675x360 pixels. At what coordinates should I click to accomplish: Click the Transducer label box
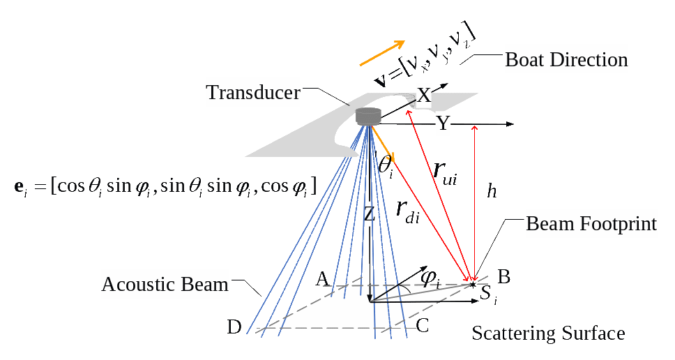pos(252,93)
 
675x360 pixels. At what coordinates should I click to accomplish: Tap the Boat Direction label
pos(566,60)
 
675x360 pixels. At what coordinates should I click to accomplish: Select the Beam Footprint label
pos(591,224)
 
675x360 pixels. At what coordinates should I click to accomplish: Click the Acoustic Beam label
pos(165,284)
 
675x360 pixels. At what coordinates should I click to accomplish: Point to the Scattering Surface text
pos(548,333)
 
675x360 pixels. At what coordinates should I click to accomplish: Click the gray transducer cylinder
pos(368,117)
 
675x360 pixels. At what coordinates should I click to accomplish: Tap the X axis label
pos(424,95)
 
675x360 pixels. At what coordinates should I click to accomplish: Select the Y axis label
pos(443,125)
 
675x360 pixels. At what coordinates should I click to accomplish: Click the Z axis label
pos(370,215)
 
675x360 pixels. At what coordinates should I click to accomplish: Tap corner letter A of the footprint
pos(322,279)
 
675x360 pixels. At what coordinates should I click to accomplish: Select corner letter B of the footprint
pos(503,277)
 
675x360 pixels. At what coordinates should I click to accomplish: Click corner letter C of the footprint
pos(422,325)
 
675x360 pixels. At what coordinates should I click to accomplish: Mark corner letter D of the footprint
pos(234,327)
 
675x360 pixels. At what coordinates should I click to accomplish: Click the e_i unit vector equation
pos(165,186)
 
